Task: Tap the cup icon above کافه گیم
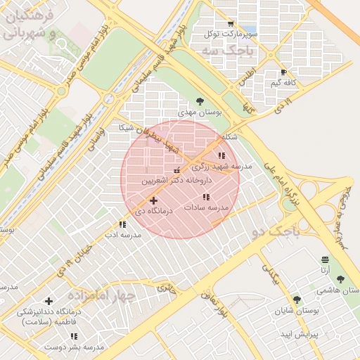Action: click(283, 72)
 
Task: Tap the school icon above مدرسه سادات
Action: click(206, 198)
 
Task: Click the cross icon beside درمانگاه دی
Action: click(154, 201)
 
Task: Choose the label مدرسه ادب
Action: click(122, 235)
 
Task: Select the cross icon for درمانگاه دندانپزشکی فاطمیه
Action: click(48, 302)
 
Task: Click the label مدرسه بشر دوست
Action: click(75, 347)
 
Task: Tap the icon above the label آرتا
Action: click(324, 259)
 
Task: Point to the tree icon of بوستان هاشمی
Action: click(340, 280)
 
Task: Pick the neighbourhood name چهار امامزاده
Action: click(97, 295)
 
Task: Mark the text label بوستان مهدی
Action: click(199, 112)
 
